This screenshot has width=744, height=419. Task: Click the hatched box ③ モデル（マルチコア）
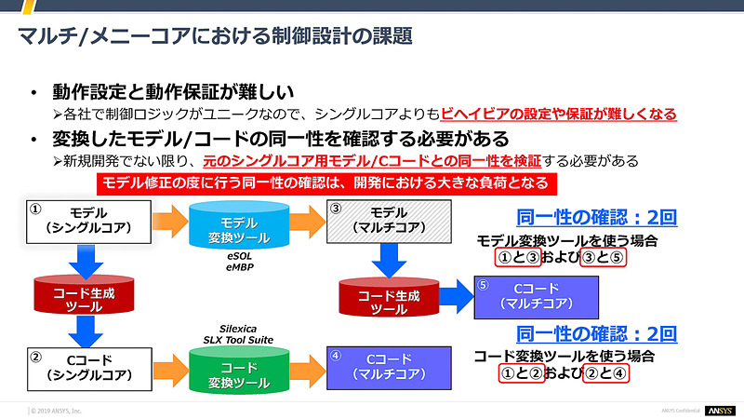pyautogui.click(x=391, y=223)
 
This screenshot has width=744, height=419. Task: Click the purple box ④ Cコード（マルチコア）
pyautogui.click(x=390, y=366)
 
